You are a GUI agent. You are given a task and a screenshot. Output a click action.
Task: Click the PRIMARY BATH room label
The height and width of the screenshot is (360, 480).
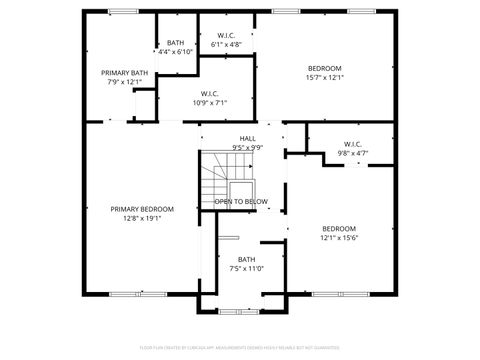[x=125, y=72]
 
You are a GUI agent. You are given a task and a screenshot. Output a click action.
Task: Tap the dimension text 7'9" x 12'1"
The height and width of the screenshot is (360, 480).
[x=125, y=81]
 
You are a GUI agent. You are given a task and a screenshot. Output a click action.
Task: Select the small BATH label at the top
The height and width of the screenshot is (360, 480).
[x=176, y=42]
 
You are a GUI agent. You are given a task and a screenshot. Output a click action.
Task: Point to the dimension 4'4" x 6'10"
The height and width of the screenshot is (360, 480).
[x=176, y=51]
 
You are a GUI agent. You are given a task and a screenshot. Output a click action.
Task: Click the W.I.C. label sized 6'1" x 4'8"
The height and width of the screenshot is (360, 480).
[x=227, y=36]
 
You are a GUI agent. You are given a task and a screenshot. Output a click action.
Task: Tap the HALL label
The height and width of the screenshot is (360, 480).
[x=247, y=139]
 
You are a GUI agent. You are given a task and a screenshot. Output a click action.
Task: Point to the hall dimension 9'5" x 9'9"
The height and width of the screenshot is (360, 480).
[x=247, y=148]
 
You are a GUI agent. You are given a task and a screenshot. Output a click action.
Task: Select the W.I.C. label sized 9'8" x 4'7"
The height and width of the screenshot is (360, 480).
[x=352, y=144]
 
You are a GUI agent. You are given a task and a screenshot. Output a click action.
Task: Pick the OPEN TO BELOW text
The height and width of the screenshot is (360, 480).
[x=241, y=201]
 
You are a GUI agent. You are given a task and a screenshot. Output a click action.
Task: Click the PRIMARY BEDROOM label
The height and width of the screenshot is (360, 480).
[x=141, y=209]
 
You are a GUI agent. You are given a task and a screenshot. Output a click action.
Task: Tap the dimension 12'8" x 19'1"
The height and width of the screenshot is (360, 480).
[x=141, y=218]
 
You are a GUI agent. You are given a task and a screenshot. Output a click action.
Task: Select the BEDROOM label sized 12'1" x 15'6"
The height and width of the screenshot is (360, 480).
[x=339, y=228]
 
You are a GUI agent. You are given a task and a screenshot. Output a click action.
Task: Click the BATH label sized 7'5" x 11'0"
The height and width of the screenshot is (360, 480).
[x=246, y=259]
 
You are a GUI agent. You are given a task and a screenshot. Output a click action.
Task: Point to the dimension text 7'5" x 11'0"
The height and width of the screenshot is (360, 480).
[x=246, y=268]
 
